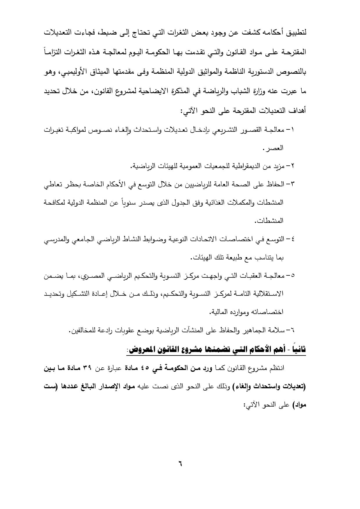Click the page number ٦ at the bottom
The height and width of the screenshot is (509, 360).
[180, 463]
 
